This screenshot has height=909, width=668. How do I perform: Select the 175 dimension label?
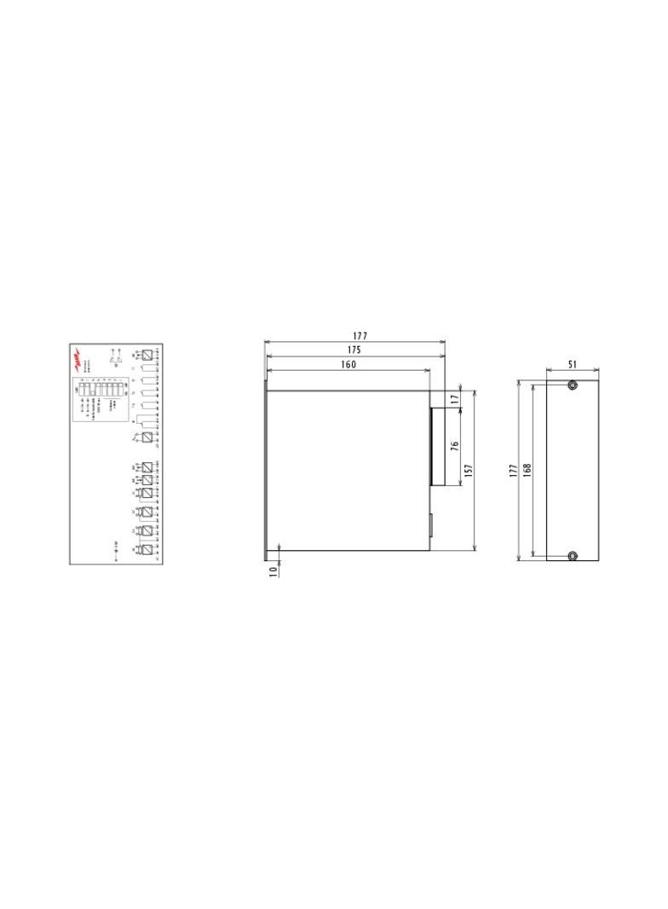[x=354, y=350]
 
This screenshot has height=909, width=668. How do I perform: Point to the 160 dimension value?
[x=348, y=364]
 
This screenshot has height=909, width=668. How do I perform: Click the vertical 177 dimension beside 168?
[x=513, y=470]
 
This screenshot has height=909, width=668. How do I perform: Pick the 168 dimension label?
[x=527, y=470]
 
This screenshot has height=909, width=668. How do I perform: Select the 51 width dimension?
[x=573, y=364]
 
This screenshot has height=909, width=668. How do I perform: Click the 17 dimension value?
[x=456, y=398]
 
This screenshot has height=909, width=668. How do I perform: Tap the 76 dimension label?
[x=455, y=446]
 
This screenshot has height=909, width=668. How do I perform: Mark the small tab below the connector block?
[x=430, y=525]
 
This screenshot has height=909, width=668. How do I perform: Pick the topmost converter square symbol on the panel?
[x=148, y=355]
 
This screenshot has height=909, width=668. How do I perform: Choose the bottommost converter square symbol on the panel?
[x=148, y=550]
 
